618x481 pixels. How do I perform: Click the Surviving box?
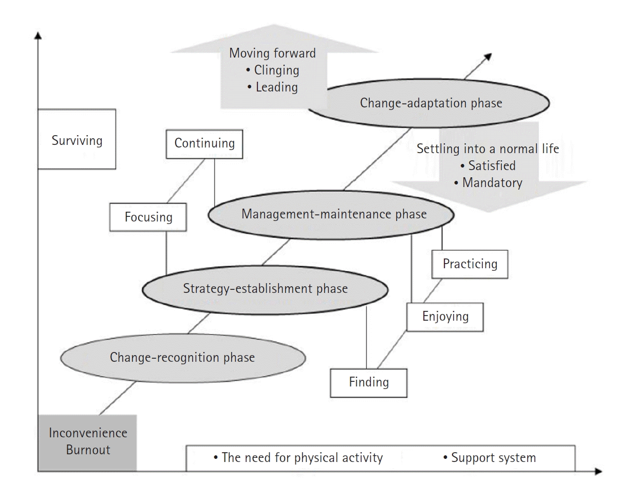[77, 140]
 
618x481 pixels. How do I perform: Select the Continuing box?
[204, 143]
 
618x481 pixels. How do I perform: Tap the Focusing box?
[148, 216]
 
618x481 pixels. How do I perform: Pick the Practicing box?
[470, 264]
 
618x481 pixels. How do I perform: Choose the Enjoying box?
[445, 316]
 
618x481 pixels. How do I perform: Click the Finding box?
[369, 382]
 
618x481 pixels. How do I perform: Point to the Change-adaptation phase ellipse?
[430, 103]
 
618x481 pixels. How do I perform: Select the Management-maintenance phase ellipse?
[333, 214]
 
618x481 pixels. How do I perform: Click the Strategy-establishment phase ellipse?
[265, 289]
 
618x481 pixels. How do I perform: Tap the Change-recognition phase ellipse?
[182, 357]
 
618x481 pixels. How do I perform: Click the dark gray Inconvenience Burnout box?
[88, 442]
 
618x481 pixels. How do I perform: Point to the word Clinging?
[276, 70]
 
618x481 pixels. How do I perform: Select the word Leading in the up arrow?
[276, 87]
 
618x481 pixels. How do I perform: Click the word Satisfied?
[492, 165]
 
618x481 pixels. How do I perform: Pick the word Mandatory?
[492, 182]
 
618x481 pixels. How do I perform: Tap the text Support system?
[493, 457]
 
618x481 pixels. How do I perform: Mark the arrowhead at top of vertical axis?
[38, 36]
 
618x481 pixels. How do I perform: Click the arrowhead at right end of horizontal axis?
[598, 470]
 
